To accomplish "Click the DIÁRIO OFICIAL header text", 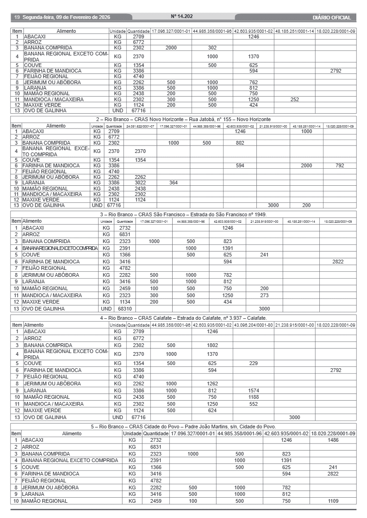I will coord(331,18).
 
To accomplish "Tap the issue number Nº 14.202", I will coord(182,16).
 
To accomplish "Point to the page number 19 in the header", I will coord(17,18).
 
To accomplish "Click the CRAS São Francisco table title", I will coord(183,214).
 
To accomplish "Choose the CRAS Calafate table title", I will coord(183,318).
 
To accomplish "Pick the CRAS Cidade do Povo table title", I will coord(183,427).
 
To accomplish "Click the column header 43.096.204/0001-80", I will coord(253,325).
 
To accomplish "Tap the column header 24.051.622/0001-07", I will coord(140,126).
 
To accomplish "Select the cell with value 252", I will coord(294,99).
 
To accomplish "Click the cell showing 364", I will coord(174,183).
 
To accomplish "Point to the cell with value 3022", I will coord(140,183).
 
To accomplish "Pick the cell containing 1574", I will coord(253,390).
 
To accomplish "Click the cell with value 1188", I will coord(253,397).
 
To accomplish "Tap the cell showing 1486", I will coord(333,440).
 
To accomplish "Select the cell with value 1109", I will coord(333,501).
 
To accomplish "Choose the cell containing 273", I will coord(264,295).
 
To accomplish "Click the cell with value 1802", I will coord(212,345).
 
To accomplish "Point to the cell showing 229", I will coord(253,363).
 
